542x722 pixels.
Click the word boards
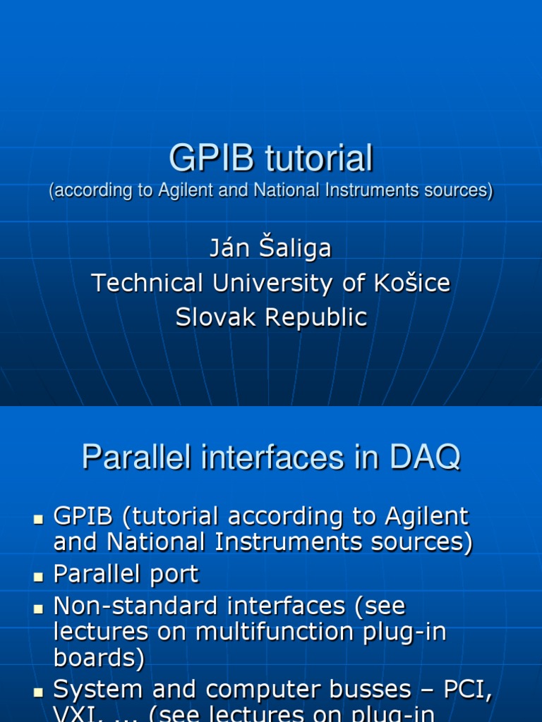tap(99, 658)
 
